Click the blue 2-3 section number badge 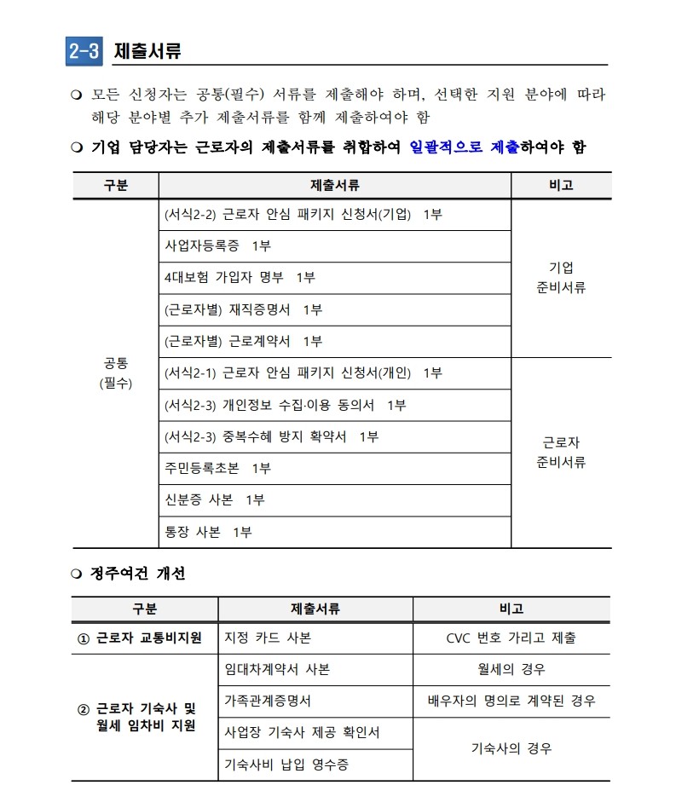(x=84, y=51)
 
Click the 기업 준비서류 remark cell (x=561, y=278)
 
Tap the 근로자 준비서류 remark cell (x=561, y=453)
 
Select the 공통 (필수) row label (x=115, y=373)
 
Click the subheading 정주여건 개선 (x=137, y=574)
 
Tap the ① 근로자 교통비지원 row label (x=145, y=638)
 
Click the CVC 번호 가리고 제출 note (x=511, y=638)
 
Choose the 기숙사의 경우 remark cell (x=511, y=748)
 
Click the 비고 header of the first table (x=561, y=185)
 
